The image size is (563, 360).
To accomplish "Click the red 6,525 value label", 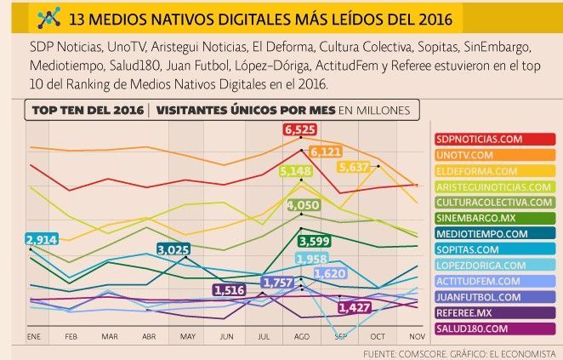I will (300, 129).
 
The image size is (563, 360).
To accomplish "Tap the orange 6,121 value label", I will (326, 151).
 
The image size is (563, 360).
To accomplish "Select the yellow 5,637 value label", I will (354, 167).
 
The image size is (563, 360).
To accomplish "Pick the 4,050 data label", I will (303, 205).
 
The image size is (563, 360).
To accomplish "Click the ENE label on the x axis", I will (33, 337).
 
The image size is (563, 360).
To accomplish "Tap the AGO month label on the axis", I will (301, 337).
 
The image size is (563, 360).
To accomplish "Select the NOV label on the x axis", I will (416, 337).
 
